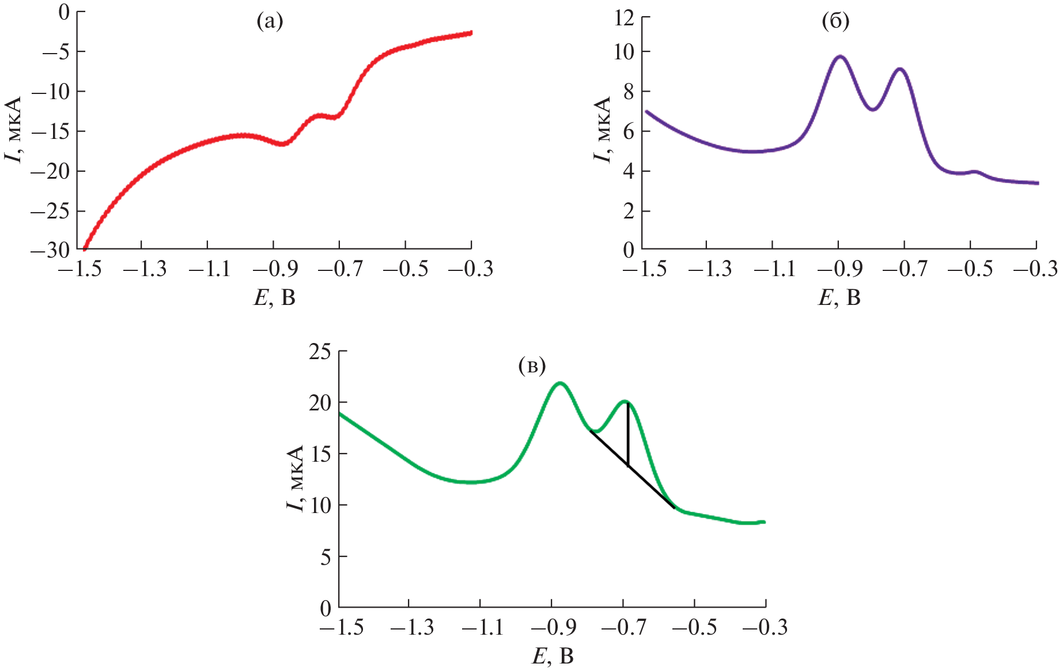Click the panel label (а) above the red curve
[x=270, y=22]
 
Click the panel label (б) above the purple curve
[x=835, y=22]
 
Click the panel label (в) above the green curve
[x=532, y=365]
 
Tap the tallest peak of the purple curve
[x=840, y=56]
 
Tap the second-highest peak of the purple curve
[x=899, y=69]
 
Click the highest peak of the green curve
[x=559, y=383]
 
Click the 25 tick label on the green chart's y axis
[x=320, y=352]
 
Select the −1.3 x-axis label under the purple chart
[x=706, y=269]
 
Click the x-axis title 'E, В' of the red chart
[x=275, y=297]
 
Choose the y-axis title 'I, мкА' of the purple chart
[x=602, y=129]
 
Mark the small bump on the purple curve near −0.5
[x=974, y=171]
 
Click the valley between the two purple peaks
[x=874, y=109]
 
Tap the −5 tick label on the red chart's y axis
[x=56, y=52]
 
